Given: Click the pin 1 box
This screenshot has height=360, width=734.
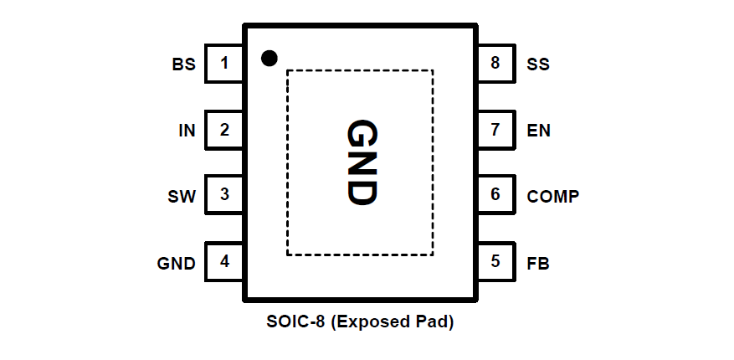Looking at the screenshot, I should tap(223, 63).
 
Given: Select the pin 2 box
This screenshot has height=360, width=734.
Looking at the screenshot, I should tap(223, 130).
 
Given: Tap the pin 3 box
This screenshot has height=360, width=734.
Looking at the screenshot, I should tap(223, 195).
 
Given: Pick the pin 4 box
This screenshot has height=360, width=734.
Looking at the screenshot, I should tap(223, 261).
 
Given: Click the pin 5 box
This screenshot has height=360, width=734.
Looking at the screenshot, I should tap(495, 261).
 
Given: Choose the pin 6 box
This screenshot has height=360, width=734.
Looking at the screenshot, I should tap(495, 195).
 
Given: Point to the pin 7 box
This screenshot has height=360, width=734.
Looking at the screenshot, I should tap(495, 130).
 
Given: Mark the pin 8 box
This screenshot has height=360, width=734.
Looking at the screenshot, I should tap(495, 63).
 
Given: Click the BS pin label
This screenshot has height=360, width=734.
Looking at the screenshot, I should tap(183, 64).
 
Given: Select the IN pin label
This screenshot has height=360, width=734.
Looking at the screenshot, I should tap(187, 131).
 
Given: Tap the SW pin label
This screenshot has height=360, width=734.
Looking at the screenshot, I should tap(182, 197).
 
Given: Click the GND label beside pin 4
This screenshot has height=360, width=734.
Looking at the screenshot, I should tap(176, 263).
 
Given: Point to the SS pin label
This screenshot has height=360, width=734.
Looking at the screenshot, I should tap(538, 64).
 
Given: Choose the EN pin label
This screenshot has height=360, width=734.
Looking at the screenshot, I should tap(539, 131).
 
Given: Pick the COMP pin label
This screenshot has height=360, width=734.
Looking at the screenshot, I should tap(553, 197).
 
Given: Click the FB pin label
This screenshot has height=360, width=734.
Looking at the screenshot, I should tap(538, 263).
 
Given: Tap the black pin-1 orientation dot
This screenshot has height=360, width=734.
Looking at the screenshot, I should tap(269, 58).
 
